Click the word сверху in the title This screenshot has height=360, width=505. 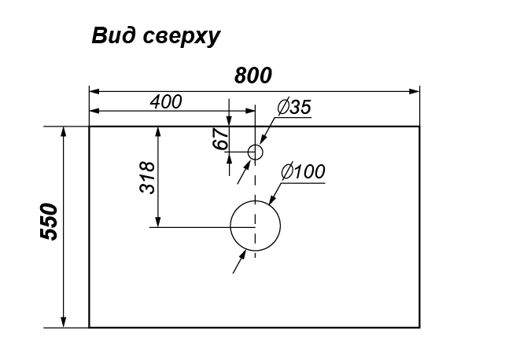click(x=182, y=37)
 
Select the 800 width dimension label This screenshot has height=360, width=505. click(x=253, y=75)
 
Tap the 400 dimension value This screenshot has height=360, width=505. click(x=166, y=101)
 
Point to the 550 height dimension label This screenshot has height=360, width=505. click(x=49, y=222)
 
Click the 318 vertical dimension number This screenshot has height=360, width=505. click(x=147, y=178)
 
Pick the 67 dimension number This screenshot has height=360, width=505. click(x=220, y=138)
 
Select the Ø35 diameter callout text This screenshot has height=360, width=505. click(x=294, y=106)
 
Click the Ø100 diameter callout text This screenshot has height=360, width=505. click(x=303, y=171)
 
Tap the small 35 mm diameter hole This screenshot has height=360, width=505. click(x=256, y=152)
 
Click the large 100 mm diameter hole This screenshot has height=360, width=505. click(x=256, y=226)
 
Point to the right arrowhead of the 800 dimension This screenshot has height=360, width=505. click(x=415, y=91)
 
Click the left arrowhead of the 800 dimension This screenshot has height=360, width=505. click(x=94, y=91)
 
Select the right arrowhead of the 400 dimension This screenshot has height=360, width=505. click(x=249, y=111)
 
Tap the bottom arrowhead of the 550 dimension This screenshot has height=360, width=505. click(x=64, y=322)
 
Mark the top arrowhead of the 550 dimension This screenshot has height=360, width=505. click(x=64, y=132)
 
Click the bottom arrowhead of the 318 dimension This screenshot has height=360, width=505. click(x=158, y=222)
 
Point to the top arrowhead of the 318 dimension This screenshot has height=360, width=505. click(x=158, y=132)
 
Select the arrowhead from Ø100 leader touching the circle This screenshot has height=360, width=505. click(x=272, y=199)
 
